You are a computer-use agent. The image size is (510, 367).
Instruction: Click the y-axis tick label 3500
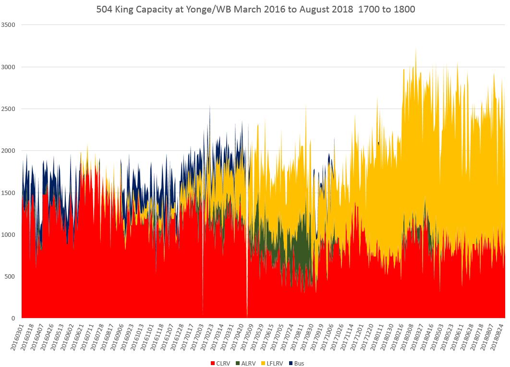coord(9,24)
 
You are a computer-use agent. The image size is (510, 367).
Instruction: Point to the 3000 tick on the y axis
coord(9,67)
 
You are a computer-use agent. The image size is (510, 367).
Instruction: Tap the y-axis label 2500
coord(9,109)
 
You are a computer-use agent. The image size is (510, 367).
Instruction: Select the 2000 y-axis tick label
coord(9,150)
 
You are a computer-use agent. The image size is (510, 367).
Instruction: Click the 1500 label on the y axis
coord(9,193)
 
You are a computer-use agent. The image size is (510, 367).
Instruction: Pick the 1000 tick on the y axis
coord(9,234)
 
